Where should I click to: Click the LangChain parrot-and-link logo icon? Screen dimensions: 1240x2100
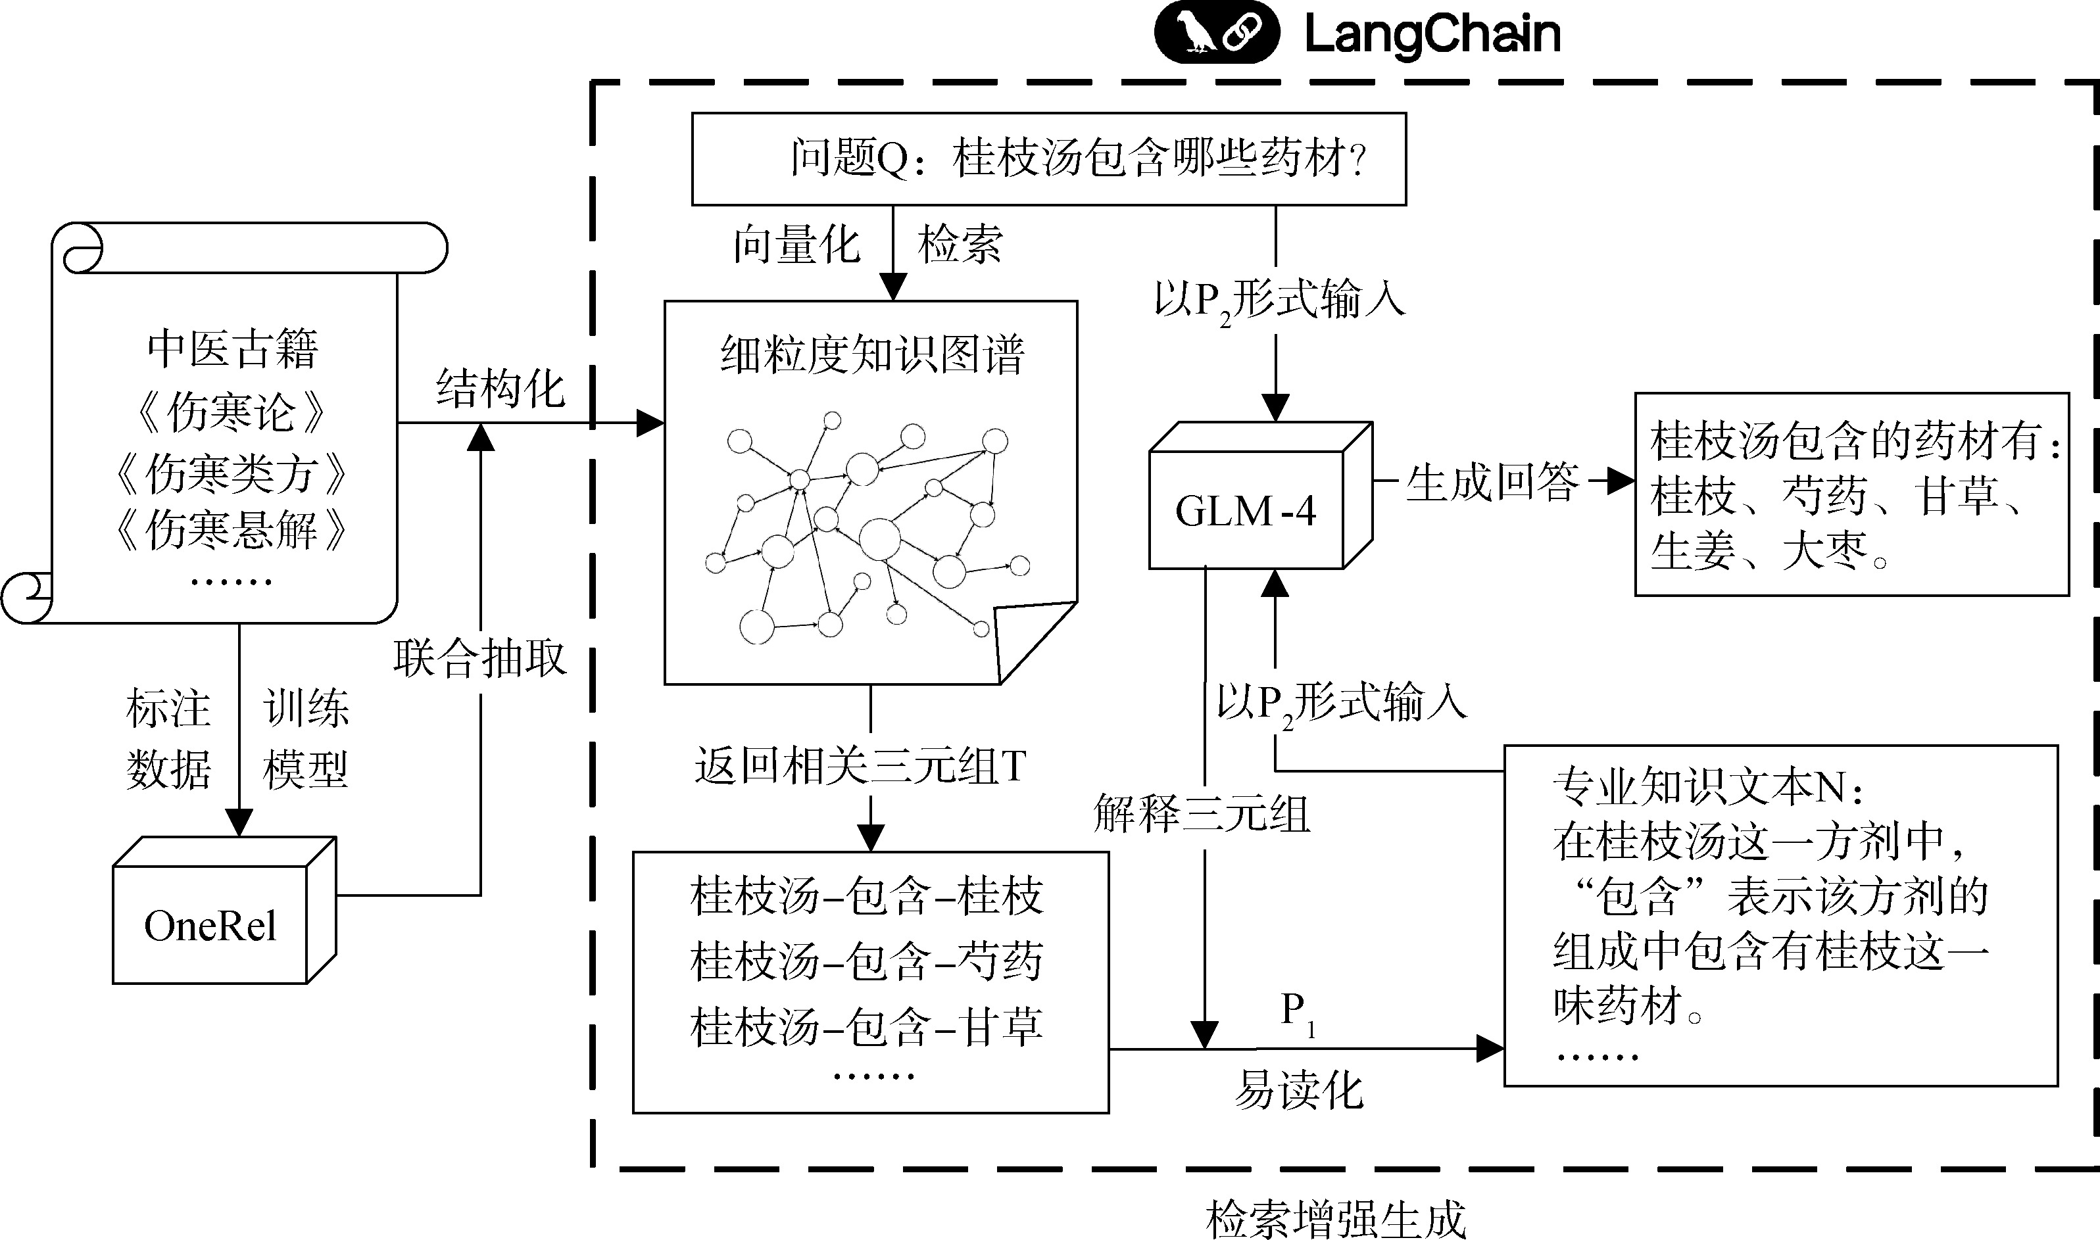pos(1216,33)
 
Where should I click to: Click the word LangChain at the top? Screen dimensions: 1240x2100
pos(1432,34)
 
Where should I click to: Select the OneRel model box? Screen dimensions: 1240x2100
pos(210,926)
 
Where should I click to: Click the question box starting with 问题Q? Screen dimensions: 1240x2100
pos(1049,158)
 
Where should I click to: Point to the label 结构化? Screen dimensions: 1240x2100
pos(501,389)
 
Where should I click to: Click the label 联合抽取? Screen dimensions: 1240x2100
pos(481,658)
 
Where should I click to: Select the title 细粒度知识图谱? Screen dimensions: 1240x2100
pos(871,355)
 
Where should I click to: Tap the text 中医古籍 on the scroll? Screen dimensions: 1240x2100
pos(232,348)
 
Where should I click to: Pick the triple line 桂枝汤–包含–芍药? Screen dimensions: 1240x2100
pos(867,961)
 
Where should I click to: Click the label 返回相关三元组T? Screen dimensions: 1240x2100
pos(860,765)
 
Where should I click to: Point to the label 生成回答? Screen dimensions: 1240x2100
pos(1492,482)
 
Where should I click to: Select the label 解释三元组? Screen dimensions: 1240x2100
pos(1202,813)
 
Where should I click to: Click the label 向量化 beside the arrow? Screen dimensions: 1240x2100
pos(796,245)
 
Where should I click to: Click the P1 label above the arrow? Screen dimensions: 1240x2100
pos(1298,1011)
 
